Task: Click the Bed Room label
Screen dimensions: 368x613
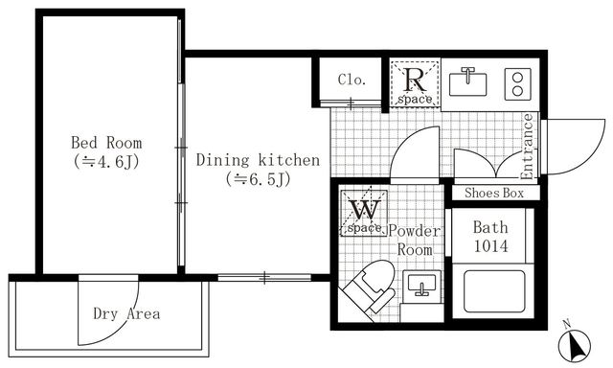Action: (x=105, y=143)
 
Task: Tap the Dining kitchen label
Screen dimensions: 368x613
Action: (x=258, y=160)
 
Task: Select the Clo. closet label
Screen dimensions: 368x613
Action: (x=352, y=80)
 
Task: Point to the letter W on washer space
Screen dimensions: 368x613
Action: (x=362, y=209)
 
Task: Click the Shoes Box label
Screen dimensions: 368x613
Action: (x=494, y=193)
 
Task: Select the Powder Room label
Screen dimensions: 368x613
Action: (x=415, y=240)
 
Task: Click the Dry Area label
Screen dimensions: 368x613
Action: (x=125, y=313)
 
